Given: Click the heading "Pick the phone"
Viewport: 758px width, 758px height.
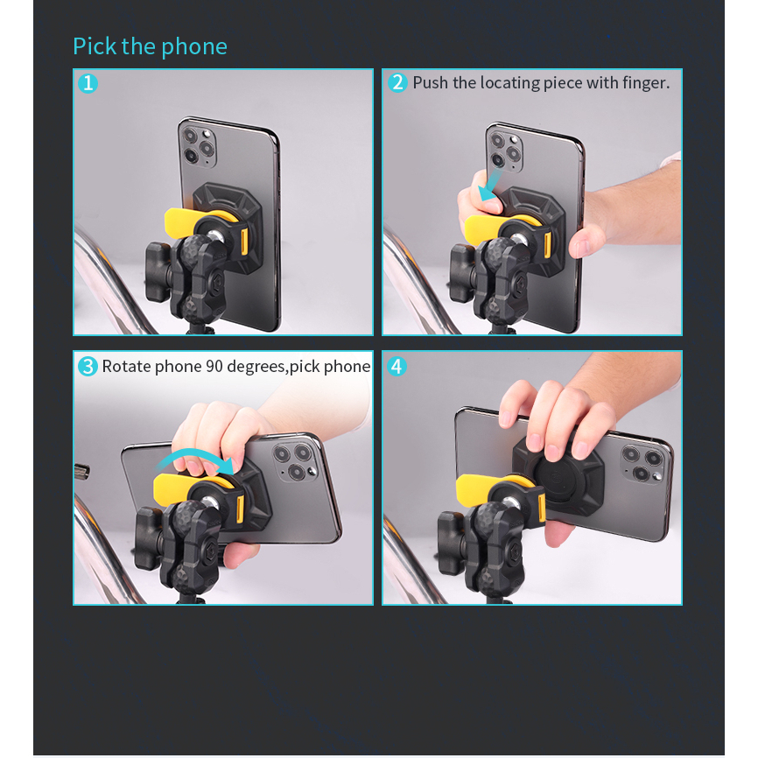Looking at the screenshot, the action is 150,47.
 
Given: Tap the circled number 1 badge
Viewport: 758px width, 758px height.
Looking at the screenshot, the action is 88,83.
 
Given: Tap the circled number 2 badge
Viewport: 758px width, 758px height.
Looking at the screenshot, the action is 397,82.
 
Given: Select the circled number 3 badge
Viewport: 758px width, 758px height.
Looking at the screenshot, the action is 88,367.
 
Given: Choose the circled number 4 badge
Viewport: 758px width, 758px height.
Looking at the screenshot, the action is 397,367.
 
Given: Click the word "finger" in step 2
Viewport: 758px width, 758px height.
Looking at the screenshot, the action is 644,83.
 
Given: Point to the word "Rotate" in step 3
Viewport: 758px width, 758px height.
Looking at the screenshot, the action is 126,367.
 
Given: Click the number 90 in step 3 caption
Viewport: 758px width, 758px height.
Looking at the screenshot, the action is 214,367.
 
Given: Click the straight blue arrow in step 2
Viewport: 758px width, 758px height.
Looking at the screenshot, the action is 491,186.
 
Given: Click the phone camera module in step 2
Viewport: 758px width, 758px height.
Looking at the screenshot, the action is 505,150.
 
